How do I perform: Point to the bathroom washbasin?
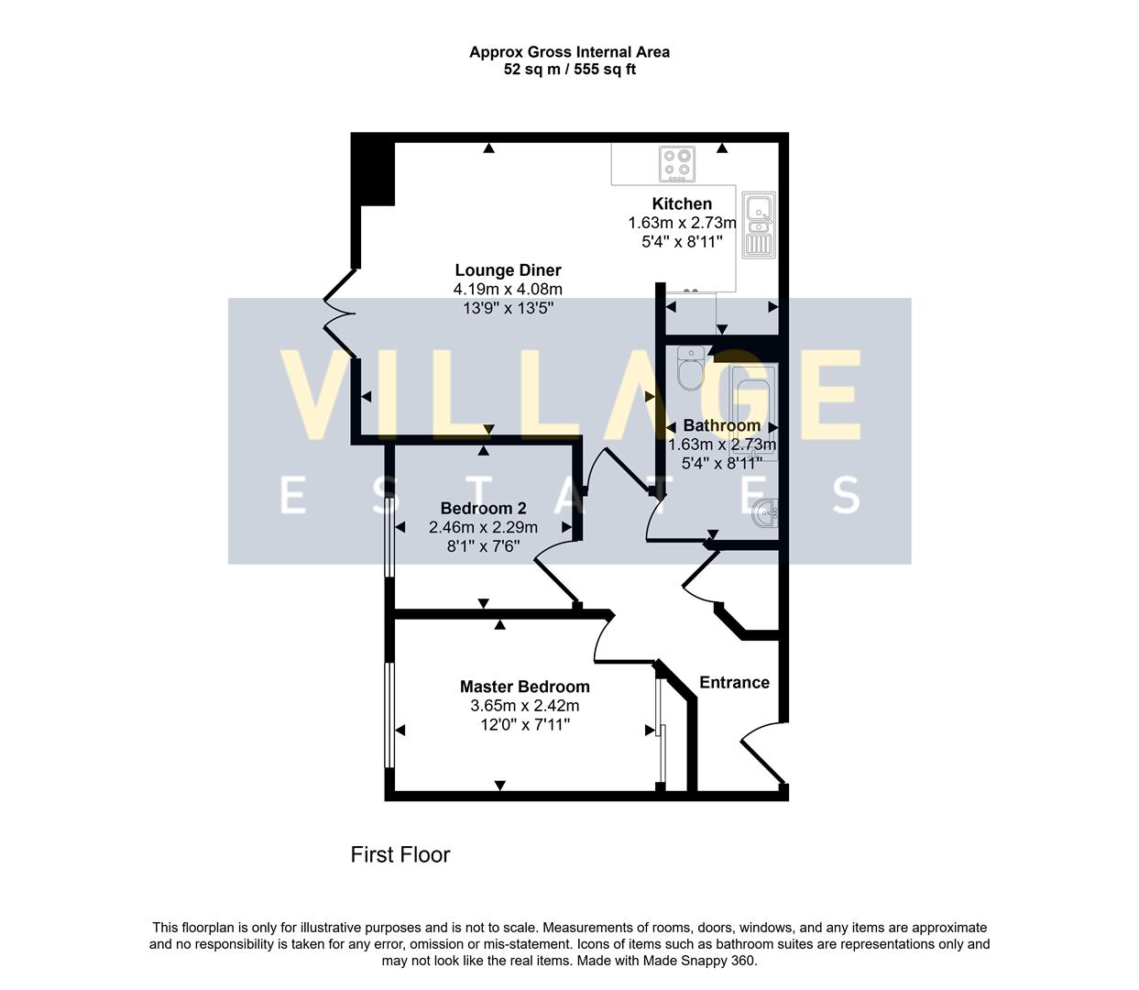point(766,513)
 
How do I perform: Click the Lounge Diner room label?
point(508,270)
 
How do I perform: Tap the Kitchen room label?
point(682,203)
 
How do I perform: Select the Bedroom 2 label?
point(483,508)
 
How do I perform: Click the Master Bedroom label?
point(524,687)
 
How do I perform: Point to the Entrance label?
point(734,682)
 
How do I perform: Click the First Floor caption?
point(400,854)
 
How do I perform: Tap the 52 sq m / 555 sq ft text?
point(569,70)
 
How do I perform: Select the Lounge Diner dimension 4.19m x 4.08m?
point(508,290)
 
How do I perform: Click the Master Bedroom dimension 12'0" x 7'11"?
point(524,725)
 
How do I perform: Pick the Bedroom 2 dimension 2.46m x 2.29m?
point(483,527)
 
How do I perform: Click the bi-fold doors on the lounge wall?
point(341,313)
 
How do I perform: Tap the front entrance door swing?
point(761,752)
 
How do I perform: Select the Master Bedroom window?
point(389,715)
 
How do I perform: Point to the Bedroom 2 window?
point(389,537)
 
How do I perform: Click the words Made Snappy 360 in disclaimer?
point(703,961)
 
